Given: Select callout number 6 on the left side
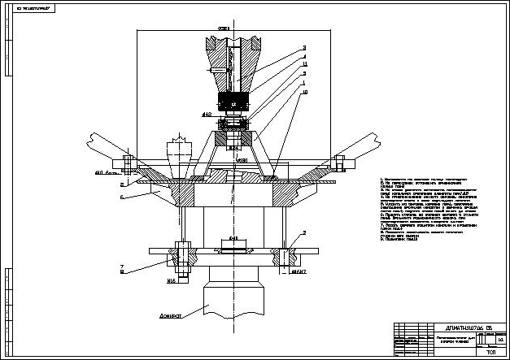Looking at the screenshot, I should [x=122, y=197].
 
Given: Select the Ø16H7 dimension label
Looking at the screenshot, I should [x=303, y=272].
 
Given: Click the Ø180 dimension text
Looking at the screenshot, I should [x=242, y=163].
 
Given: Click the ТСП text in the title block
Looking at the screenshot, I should [x=490, y=353].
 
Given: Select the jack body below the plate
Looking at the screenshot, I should [x=235, y=297].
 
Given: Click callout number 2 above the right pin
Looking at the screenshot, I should [x=303, y=233].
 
